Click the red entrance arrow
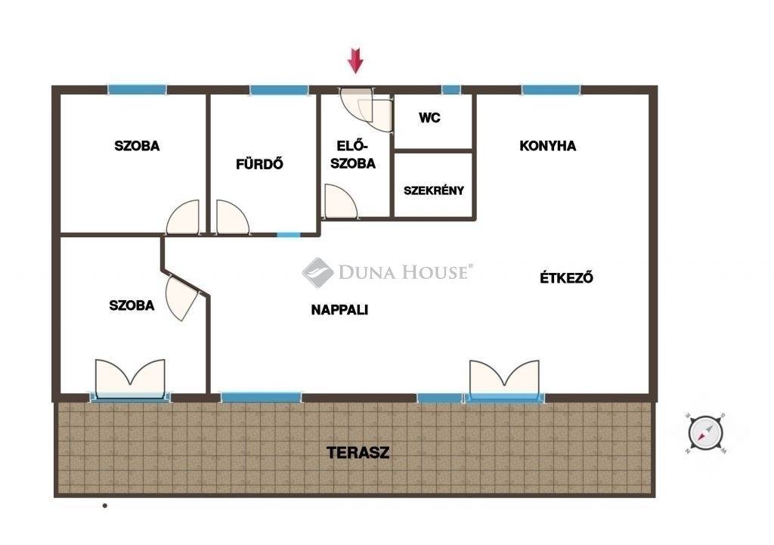coord(355,60)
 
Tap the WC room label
coord(429,118)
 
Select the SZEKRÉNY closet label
coord(434,190)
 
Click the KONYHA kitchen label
coord(547,146)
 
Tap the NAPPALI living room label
coord(339,309)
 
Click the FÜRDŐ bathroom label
coord(259,163)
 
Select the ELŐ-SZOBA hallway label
coord(352,154)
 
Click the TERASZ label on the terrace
coord(358,453)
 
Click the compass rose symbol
coord(705,433)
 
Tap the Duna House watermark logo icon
coord(317,272)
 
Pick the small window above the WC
coord(450,90)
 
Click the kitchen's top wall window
coord(551,90)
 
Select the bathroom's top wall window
coord(279,90)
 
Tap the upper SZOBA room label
coord(137,146)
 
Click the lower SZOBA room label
coord(132,305)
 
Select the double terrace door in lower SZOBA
coord(130,378)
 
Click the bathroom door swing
coord(232,217)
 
